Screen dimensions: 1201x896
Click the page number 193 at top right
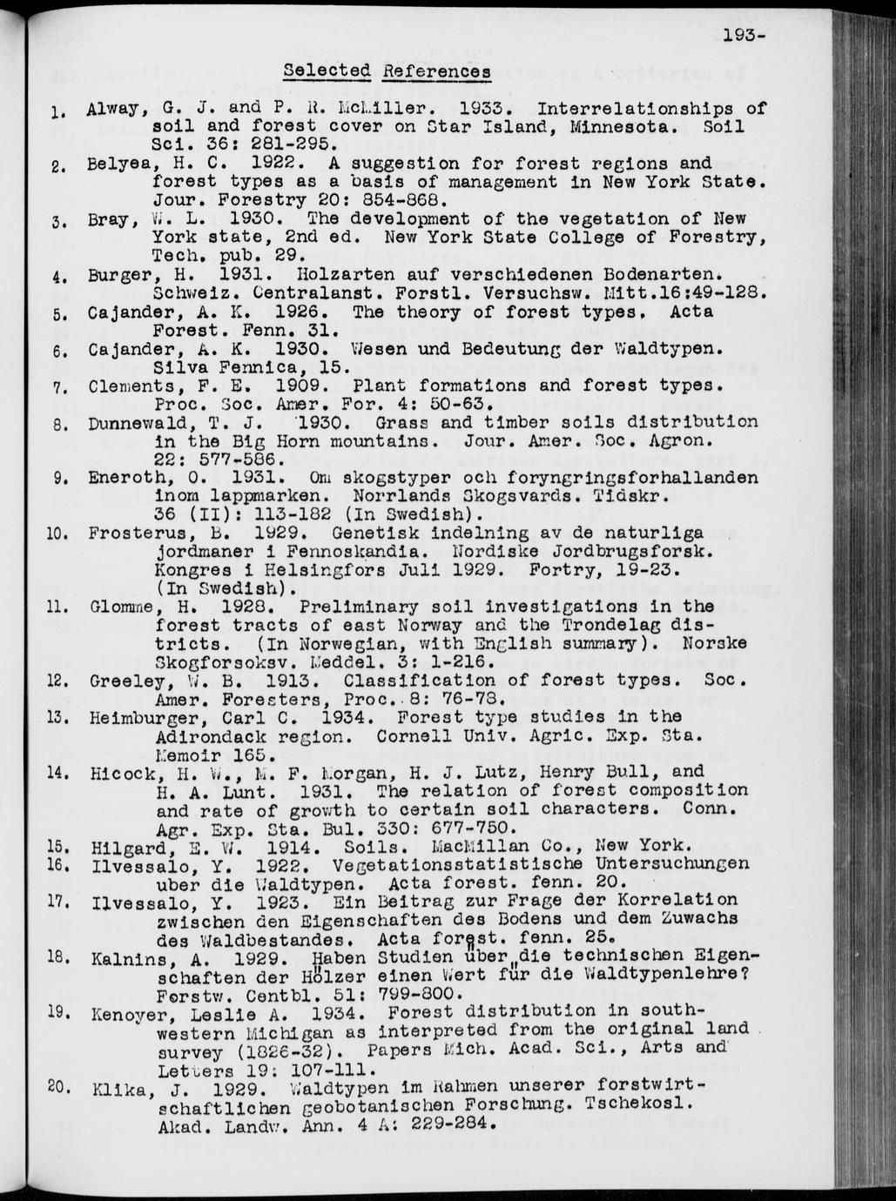[741, 36]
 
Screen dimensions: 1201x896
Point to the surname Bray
[109, 219]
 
